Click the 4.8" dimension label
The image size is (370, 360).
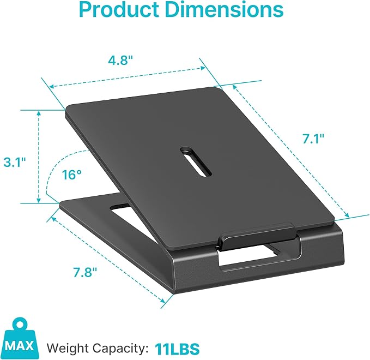click(120, 60)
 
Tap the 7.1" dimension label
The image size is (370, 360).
click(313, 139)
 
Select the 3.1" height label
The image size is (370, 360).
click(15, 163)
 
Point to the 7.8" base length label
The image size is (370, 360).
click(85, 272)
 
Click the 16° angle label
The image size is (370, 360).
click(72, 175)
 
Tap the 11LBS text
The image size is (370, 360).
click(177, 349)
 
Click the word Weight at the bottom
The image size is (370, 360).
click(68, 349)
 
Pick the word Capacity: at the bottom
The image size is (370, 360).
click(120, 349)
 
